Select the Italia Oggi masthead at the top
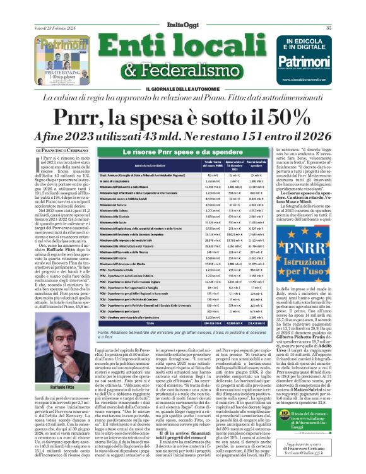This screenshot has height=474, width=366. tap(184, 9)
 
